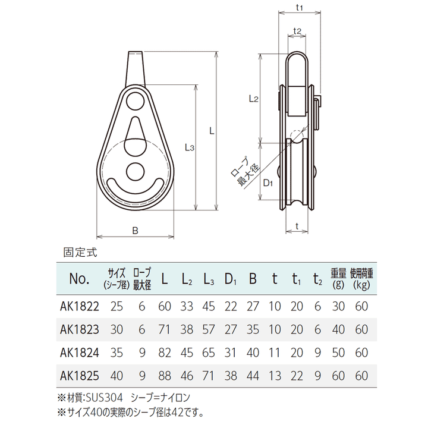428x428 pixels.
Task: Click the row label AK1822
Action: [x=80, y=307]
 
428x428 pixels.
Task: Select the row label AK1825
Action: [x=80, y=376]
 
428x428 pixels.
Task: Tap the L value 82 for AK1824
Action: [x=165, y=353]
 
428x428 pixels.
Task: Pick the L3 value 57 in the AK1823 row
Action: [x=209, y=329]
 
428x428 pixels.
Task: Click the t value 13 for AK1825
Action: [x=275, y=376]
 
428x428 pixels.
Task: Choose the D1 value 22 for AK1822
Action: [x=231, y=307]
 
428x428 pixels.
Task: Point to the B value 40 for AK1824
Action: [x=253, y=353]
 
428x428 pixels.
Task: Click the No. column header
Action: [x=79, y=279]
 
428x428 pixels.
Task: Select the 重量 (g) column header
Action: [x=338, y=279]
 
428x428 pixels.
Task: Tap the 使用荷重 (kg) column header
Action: [x=361, y=279]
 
